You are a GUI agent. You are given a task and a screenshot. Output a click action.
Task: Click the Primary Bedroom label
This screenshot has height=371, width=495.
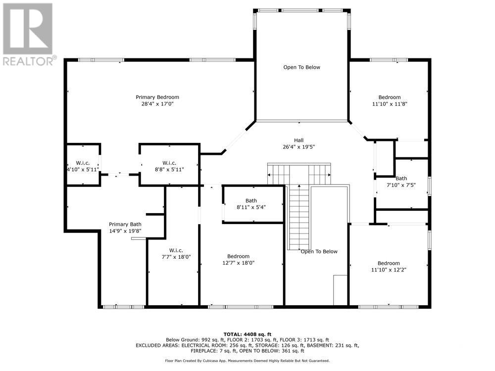[157, 97]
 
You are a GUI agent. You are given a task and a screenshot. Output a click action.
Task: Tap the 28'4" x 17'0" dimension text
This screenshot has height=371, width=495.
[157, 104]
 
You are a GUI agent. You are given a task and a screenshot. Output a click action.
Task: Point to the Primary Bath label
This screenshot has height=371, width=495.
[125, 224]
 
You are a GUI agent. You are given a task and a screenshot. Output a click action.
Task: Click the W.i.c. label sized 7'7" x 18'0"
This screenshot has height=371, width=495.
[173, 250]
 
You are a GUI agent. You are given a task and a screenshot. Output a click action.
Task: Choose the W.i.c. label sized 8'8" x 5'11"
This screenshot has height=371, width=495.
[170, 163]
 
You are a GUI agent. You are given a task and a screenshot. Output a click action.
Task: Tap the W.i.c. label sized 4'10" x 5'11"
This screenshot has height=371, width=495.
[82, 163]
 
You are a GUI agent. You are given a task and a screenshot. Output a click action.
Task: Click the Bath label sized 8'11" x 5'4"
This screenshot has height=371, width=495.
[251, 200]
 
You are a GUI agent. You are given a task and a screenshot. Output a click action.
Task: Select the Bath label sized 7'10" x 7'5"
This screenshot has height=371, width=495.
[401, 178]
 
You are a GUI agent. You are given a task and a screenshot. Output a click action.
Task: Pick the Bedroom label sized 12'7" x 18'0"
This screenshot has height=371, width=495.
[239, 256]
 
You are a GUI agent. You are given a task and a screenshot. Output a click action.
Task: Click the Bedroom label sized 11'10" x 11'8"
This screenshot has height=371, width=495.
[390, 97]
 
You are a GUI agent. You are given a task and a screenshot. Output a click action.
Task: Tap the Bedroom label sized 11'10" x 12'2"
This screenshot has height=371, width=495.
[389, 263]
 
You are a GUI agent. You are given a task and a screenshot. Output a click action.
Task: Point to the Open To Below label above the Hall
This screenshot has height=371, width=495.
[301, 67]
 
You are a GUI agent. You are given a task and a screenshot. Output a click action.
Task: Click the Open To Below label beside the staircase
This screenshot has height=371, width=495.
[319, 251]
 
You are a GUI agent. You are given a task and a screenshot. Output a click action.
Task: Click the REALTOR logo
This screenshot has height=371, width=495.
[28, 35]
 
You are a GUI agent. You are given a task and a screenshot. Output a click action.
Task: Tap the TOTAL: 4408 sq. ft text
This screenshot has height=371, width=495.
[247, 334]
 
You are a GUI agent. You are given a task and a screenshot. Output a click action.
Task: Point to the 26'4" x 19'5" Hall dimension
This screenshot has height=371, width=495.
[298, 147]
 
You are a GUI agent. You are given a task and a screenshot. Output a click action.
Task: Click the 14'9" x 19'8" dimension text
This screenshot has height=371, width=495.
[125, 231]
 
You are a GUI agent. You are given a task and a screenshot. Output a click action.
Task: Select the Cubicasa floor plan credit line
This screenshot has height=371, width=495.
[247, 361]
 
